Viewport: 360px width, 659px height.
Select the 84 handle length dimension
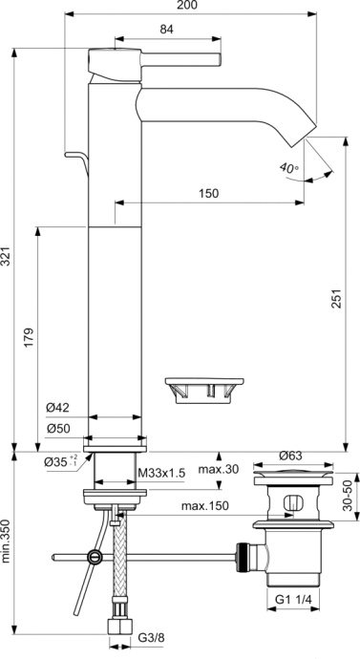(166, 30)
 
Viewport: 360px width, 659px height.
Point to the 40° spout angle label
(289, 167)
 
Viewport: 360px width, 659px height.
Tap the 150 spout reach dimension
(208, 193)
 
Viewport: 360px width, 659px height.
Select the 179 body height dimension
(29, 337)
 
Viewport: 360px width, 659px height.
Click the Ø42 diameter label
(58, 408)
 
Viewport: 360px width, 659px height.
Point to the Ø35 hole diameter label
(60, 462)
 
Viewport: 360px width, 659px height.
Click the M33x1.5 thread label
(159, 472)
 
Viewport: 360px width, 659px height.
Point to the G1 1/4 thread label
(297, 601)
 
